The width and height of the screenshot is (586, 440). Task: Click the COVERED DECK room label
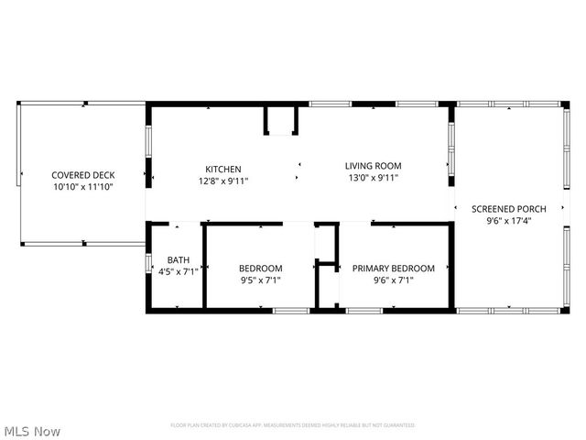click(x=76, y=174)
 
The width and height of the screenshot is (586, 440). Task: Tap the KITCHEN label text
click(x=222, y=169)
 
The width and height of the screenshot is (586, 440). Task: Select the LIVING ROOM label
click(x=373, y=166)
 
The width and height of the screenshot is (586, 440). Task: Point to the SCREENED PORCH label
click(x=508, y=208)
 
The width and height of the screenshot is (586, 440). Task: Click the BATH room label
click(x=178, y=259)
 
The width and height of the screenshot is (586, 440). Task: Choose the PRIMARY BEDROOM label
click(x=394, y=268)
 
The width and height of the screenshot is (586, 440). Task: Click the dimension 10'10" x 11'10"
click(x=76, y=186)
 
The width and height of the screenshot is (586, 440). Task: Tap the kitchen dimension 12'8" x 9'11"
click(x=222, y=181)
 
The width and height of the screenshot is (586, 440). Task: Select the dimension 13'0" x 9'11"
click(x=373, y=178)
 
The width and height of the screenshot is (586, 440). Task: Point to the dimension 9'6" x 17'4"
click(x=508, y=220)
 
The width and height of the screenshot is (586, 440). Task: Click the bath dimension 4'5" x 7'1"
click(x=178, y=271)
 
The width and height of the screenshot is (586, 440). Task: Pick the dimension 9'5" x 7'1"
click(x=260, y=280)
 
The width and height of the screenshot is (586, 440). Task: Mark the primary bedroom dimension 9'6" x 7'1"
click(x=394, y=280)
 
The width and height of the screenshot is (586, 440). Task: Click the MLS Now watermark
click(x=33, y=431)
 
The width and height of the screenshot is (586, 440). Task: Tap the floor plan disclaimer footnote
click(x=292, y=425)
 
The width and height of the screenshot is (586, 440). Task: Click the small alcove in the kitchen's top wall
click(x=281, y=119)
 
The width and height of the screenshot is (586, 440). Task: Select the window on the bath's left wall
click(x=148, y=260)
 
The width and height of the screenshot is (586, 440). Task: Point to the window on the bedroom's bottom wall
click(x=290, y=313)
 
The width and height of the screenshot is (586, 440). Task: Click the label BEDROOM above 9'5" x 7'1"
click(x=260, y=268)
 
